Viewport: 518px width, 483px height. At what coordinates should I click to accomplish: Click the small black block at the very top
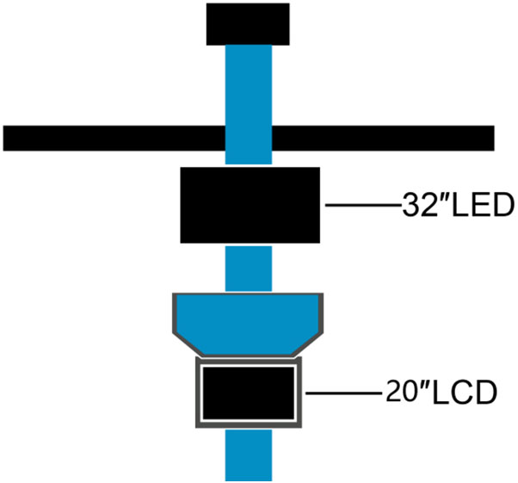[x=248, y=23]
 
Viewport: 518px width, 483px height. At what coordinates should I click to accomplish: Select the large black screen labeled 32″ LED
[x=250, y=205]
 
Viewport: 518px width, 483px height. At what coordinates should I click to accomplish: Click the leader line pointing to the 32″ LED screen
[x=362, y=206]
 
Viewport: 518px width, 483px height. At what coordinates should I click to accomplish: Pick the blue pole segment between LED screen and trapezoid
[x=248, y=268]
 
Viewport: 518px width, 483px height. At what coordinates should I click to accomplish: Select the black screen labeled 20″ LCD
[x=250, y=391]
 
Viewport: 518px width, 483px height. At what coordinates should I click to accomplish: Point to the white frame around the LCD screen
[x=200, y=392]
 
